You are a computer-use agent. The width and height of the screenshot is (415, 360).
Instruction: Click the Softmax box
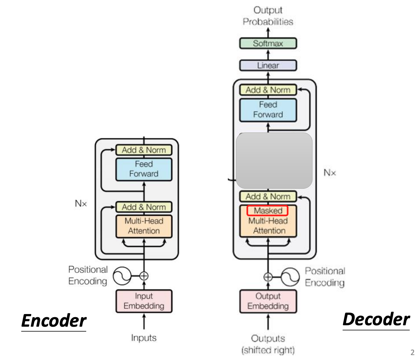pyautogui.click(x=268, y=44)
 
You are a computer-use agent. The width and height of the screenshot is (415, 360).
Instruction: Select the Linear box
pyautogui.click(x=268, y=66)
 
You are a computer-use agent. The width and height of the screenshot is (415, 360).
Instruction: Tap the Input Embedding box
pyautogui.click(x=144, y=301)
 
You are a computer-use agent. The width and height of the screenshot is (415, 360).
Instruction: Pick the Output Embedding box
pyautogui.click(x=268, y=301)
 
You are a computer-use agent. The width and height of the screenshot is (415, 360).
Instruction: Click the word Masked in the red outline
pyautogui.click(x=267, y=211)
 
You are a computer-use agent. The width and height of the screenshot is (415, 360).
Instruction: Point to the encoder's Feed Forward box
pyautogui.click(x=144, y=169)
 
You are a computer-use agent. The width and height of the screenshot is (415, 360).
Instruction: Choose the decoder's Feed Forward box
pyautogui.click(x=268, y=110)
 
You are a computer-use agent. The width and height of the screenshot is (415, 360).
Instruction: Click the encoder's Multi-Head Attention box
pyautogui.click(x=144, y=226)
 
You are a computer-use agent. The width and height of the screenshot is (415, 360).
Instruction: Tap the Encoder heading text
pyautogui.click(x=54, y=321)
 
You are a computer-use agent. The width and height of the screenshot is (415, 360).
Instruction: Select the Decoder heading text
pyautogui.click(x=376, y=319)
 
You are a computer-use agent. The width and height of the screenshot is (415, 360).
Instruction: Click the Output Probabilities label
pyautogui.click(x=268, y=16)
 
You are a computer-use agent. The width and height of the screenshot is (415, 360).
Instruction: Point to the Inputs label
pyautogui.click(x=144, y=338)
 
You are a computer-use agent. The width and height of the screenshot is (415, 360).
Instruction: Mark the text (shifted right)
pyautogui.click(x=268, y=350)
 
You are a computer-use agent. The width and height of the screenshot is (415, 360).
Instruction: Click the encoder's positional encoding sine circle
pyautogui.click(x=122, y=276)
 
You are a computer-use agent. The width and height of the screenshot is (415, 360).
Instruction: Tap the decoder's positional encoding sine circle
pyautogui.click(x=290, y=277)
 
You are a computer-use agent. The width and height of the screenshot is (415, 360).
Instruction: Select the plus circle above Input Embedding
pyautogui.click(x=144, y=276)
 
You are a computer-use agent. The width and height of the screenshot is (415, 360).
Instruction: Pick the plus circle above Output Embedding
pyautogui.click(x=268, y=277)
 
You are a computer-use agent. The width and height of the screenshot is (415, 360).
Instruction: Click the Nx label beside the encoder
pyautogui.click(x=81, y=204)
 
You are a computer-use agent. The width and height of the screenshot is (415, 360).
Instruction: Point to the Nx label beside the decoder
pyautogui.click(x=329, y=173)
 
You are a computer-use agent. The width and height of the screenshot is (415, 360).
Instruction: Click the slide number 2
pyautogui.click(x=412, y=353)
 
